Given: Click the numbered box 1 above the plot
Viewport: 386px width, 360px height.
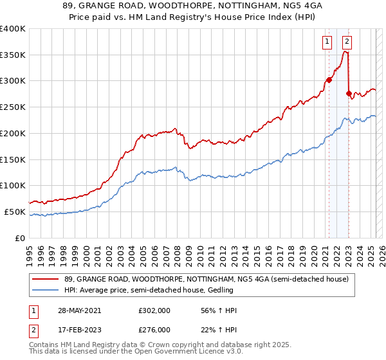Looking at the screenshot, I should click(x=327, y=42).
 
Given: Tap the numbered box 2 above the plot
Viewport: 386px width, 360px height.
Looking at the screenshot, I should click(x=347, y=42).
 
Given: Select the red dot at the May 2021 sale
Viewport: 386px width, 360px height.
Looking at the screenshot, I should click(x=329, y=80).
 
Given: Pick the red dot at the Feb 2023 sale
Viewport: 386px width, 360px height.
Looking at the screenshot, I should click(x=349, y=93).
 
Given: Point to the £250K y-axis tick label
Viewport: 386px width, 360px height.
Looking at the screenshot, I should click(x=13, y=107).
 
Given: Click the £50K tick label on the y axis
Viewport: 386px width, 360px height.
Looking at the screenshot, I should click(x=15, y=212).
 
